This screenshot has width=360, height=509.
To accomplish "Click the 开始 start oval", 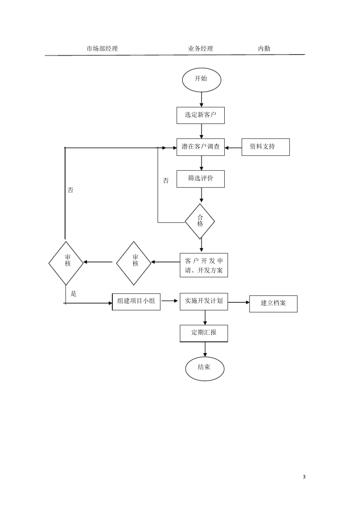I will (201, 80).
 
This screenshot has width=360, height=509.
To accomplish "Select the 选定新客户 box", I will (200, 115).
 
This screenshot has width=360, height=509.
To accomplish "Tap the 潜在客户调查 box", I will (200, 147).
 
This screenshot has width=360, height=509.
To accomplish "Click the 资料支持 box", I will (265, 147).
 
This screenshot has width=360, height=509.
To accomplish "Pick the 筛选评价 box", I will (200, 179).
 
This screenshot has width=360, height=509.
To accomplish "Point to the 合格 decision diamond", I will (200, 221).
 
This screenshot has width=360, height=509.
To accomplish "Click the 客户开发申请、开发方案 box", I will (204, 265).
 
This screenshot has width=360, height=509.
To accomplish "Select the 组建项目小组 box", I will (136, 302).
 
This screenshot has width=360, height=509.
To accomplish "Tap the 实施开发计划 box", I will (204, 301).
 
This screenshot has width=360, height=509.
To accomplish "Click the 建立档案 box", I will (273, 304).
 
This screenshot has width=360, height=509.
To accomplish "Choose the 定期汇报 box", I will (204, 333).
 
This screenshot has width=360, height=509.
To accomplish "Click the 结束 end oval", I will (204, 368).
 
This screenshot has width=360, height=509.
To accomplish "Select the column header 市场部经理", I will (102, 48).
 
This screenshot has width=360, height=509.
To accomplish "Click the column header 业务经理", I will (200, 48).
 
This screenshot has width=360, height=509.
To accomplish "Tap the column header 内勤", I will (264, 48).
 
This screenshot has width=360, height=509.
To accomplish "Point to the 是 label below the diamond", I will (74, 294).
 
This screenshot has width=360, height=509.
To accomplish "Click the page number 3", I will (304, 476).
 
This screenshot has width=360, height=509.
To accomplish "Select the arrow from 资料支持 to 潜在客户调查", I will (233, 147).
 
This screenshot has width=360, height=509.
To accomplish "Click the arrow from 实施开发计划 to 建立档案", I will (238, 302).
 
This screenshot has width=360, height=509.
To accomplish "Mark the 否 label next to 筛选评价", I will (166, 181).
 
